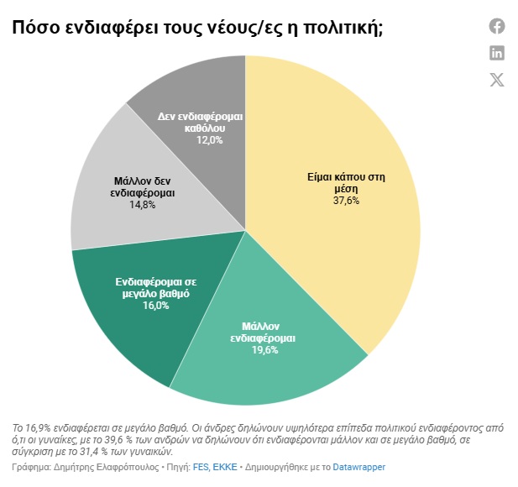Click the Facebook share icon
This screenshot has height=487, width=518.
[x=497, y=26]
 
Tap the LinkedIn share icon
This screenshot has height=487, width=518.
[x=497, y=53]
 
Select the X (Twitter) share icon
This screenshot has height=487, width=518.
[x=497, y=80]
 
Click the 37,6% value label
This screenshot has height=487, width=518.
[x=346, y=201]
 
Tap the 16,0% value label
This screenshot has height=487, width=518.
[x=155, y=306]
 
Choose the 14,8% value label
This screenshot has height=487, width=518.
[x=143, y=205]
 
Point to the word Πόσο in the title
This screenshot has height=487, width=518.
[x=30, y=29]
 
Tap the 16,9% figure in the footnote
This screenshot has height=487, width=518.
[x=39, y=425]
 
